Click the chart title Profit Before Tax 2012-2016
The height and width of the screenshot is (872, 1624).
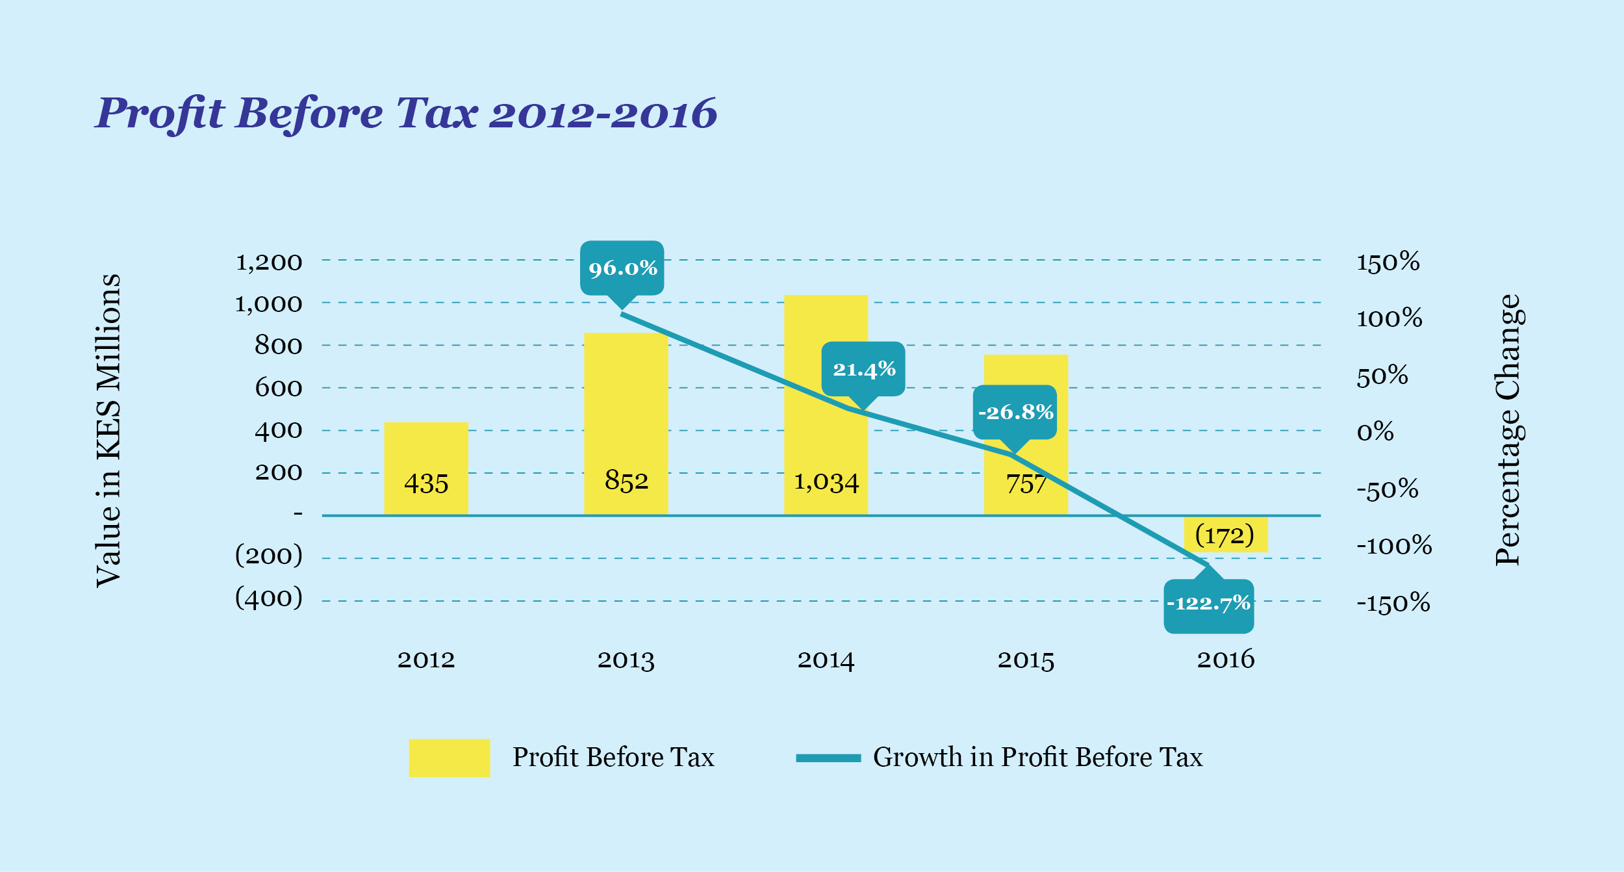point(407,114)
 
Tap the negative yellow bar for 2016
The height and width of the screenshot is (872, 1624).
point(1226,534)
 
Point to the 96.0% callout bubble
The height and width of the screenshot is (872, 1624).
point(622,268)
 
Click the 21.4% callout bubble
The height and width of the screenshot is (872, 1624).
point(863,369)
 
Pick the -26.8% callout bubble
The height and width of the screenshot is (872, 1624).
point(1015,412)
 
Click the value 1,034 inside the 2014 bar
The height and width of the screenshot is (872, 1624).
point(826,482)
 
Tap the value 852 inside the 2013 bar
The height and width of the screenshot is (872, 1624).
point(626,481)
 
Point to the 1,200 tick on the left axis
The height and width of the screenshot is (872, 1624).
point(269,263)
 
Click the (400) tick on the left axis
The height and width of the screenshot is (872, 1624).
point(269,598)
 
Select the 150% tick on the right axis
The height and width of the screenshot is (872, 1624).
point(1388,262)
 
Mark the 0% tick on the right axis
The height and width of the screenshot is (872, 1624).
point(1375,432)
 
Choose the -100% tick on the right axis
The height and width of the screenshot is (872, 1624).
point(1394,545)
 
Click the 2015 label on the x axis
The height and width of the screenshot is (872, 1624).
point(1026,660)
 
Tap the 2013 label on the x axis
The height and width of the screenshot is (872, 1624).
point(626,660)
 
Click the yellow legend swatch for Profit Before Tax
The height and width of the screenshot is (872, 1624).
point(449,758)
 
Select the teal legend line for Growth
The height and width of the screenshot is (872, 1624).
point(828,758)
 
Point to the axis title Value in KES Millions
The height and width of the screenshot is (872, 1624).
point(108,430)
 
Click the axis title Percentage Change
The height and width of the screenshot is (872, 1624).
point(1508,430)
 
